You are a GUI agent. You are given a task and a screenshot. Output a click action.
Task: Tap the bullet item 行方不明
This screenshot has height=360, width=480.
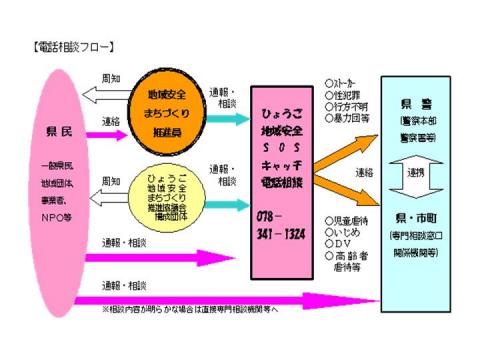click(349, 106)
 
